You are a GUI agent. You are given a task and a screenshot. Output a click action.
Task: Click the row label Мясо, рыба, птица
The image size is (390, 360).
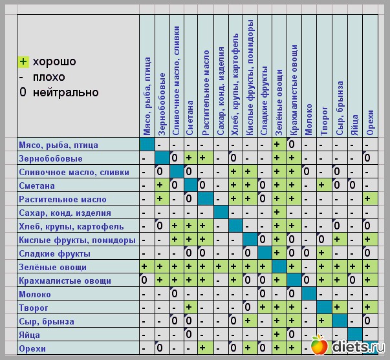(57, 145)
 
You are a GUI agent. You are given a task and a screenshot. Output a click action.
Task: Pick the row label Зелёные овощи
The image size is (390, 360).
(52, 267)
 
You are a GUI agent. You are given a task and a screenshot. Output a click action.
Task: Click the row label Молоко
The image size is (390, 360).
(35, 294)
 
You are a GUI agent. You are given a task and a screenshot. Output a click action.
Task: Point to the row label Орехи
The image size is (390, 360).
(33, 348)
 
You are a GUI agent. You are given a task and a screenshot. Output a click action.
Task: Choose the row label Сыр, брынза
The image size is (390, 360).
(47, 321)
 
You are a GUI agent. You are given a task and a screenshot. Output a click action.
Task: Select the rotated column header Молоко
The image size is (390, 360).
(310, 120)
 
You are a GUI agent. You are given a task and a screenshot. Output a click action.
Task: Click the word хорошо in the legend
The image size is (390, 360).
(54, 62)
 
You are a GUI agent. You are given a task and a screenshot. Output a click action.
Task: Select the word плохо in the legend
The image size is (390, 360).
(49, 77)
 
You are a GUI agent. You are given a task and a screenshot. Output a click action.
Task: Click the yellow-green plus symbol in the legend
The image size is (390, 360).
(23, 62)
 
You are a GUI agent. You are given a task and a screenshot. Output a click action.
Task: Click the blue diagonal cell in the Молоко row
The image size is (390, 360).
(309, 294)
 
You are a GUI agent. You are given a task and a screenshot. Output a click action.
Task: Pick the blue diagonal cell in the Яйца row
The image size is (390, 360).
(354, 335)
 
